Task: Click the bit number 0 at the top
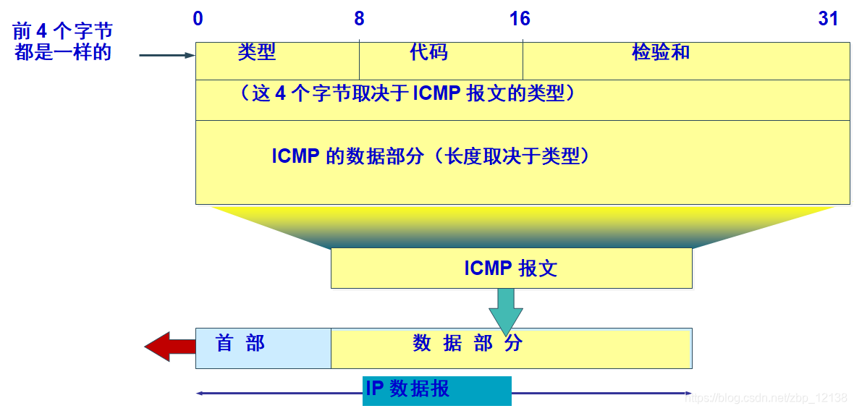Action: [x=198, y=19]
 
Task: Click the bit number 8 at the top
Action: [x=359, y=19]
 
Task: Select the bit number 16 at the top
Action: [x=520, y=19]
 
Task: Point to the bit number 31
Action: [x=828, y=19]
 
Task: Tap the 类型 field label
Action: [x=257, y=52]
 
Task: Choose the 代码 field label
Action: [x=428, y=52]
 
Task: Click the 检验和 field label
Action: [x=661, y=52]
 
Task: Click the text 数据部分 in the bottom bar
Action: [x=468, y=344]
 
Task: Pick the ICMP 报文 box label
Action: [x=511, y=268]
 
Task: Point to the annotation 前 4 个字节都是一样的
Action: [x=63, y=42]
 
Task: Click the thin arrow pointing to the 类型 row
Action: [x=166, y=55]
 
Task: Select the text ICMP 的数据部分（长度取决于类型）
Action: [x=431, y=156]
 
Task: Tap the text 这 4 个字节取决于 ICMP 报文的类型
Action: [x=409, y=93]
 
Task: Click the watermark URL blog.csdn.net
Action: [x=766, y=398]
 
